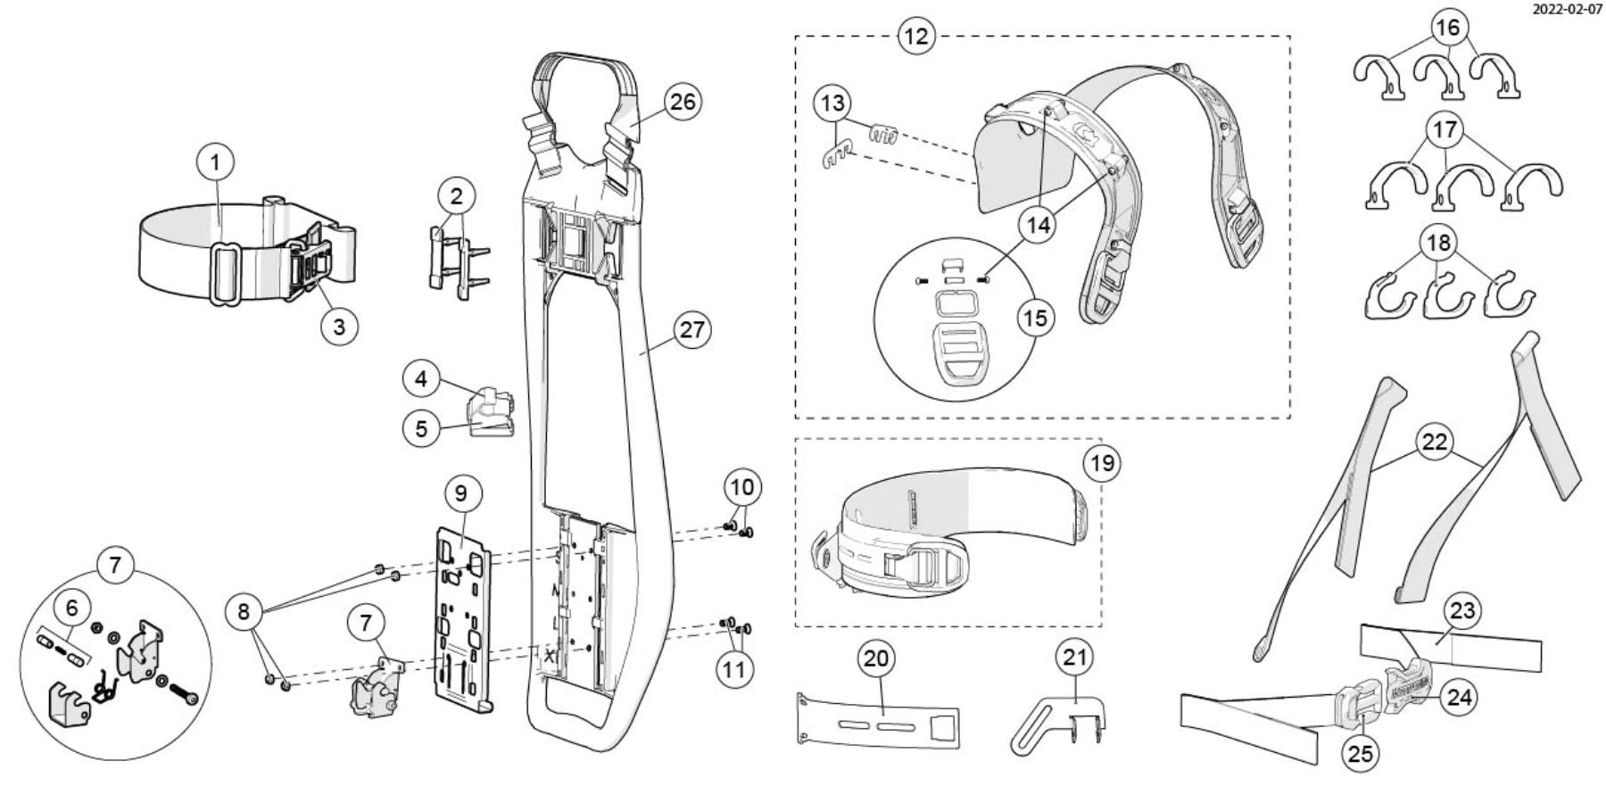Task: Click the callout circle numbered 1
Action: coord(215,163)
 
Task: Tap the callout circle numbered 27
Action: coord(691,330)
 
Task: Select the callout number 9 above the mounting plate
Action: coord(460,492)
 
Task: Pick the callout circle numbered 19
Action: coord(1104,464)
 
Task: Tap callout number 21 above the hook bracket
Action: coord(1074,658)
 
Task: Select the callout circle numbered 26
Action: coord(682,102)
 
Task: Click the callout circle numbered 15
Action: coord(1036,318)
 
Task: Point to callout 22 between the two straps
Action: coord(1435,443)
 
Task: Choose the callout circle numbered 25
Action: coord(1360,754)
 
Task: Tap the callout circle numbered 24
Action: coord(1459,696)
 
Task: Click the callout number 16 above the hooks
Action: coord(1447,28)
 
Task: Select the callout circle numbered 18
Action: coord(1437,243)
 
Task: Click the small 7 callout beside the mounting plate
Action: coord(366,622)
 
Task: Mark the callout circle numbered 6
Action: coord(72,608)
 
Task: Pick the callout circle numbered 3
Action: coord(339,327)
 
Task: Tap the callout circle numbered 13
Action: coord(832,103)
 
